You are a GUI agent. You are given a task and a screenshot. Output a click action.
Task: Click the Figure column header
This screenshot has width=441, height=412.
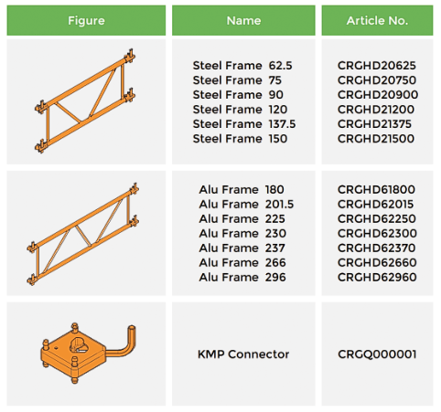click(x=86, y=20)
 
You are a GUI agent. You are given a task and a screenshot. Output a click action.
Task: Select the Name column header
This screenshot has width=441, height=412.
click(x=243, y=20)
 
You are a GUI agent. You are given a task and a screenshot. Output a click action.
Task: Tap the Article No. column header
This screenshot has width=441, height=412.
click(x=377, y=20)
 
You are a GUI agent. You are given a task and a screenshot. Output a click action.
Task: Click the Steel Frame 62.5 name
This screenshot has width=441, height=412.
click(x=242, y=66)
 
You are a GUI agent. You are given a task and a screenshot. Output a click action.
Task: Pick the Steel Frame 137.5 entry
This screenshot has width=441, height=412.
click(x=244, y=124)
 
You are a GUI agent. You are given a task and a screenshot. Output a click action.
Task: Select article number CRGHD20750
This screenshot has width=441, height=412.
click(x=377, y=80)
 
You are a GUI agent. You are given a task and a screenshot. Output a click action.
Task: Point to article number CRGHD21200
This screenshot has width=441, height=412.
click(x=376, y=110)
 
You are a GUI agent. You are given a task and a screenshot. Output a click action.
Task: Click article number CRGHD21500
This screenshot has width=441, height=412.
click(x=376, y=139)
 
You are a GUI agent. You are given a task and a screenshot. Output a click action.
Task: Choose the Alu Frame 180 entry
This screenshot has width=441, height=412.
click(x=242, y=189)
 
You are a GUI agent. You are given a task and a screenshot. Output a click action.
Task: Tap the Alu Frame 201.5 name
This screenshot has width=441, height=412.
click(x=246, y=204)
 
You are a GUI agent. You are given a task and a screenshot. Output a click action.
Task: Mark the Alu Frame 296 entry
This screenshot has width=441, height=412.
click(x=242, y=277)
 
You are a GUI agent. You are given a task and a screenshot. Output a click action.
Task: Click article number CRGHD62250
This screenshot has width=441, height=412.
click(x=376, y=218)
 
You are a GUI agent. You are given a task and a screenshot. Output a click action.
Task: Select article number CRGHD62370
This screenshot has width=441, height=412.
click(x=376, y=248)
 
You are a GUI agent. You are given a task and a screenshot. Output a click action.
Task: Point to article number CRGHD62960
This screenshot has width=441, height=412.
click(x=377, y=277)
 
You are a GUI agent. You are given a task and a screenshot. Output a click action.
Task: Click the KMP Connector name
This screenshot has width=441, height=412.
click(x=243, y=354)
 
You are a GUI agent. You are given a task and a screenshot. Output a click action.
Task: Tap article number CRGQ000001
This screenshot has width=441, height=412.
click(x=377, y=354)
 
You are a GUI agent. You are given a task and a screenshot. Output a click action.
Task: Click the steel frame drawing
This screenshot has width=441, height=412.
click(x=85, y=100)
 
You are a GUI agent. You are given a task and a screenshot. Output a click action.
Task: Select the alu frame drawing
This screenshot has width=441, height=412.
click(x=83, y=234)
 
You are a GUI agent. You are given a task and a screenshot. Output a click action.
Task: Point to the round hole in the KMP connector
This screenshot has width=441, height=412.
click(x=77, y=344)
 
